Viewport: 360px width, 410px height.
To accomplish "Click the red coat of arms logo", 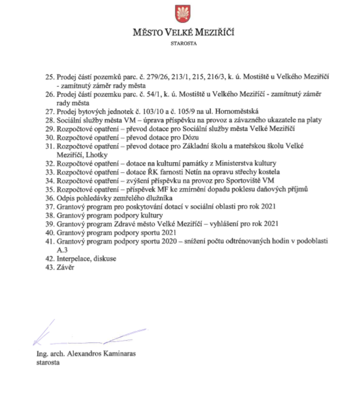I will [x=180, y=14].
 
